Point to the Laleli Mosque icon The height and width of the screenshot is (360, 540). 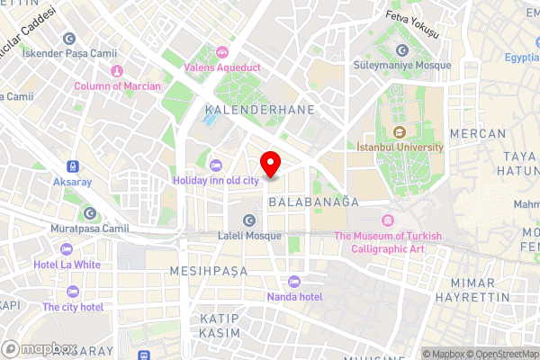click(x=249, y=221)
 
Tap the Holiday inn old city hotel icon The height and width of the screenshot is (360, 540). click(x=215, y=164)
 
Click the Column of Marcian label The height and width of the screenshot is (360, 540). click(x=118, y=86)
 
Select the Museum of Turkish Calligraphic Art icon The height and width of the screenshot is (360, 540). click(x=388, y=221)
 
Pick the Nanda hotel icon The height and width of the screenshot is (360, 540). click(x=294, y=282)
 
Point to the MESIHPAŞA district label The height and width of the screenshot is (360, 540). click(x=210, y=270)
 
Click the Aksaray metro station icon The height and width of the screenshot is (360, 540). click(x=71, y=167)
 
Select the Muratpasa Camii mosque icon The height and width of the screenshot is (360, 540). click(x=90, y=213)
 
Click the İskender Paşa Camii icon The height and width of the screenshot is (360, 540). click(x=69, y=39)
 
